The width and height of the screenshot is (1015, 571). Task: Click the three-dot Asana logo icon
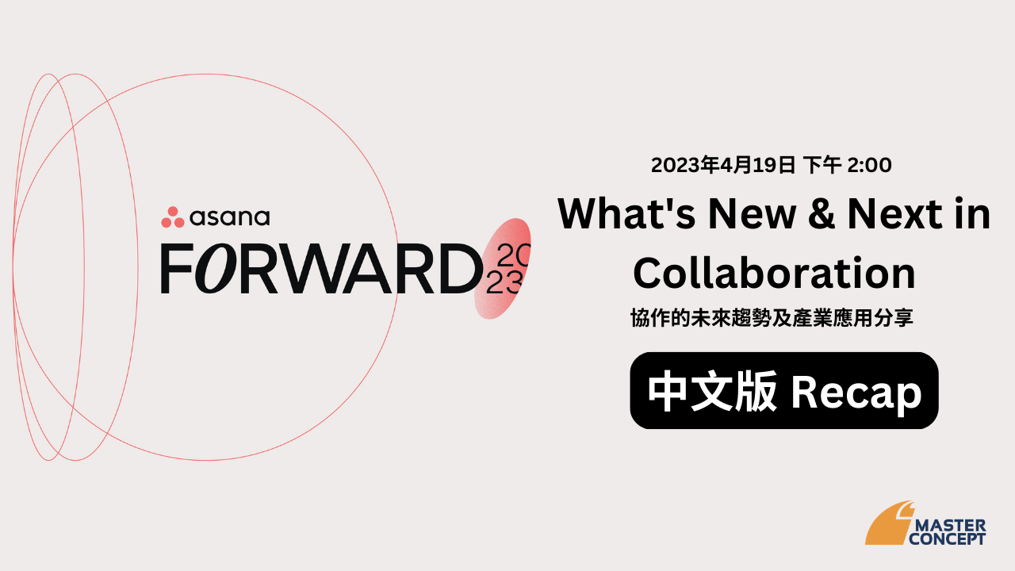point(173,217)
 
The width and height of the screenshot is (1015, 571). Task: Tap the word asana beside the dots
point(230,217)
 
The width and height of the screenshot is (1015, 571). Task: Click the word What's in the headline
point(626,213)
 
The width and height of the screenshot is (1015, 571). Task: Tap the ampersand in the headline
point(821,213)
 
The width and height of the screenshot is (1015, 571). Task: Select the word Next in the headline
point(895,213)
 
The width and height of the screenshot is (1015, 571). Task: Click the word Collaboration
point(775,273)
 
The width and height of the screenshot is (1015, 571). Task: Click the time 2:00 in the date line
point(870,165)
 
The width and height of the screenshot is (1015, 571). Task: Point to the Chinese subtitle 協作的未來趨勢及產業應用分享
point(772,318)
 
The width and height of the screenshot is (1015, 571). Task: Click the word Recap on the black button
point(856,393)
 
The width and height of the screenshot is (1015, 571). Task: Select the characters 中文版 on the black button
point(713,391)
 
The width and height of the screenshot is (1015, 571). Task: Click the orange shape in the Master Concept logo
point(889,525)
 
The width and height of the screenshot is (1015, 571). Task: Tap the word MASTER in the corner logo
point(951,526)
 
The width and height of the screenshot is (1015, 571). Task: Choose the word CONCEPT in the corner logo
point(947,539)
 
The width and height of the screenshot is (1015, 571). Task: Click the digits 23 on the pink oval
point(504,283)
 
